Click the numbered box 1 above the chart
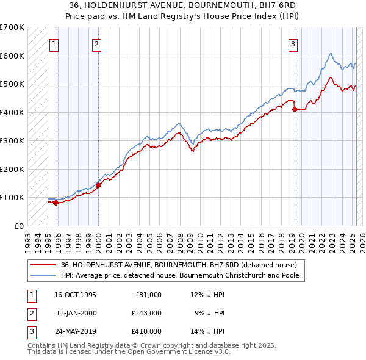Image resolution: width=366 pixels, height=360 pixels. click(x=54, y=43)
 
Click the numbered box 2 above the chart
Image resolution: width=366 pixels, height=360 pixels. click(x=97, y=43)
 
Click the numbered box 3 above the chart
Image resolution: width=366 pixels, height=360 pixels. click(x=293, y=43)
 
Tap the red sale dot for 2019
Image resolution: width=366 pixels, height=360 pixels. click(x=295, y=110)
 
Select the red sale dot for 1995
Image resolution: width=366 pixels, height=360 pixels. click(x=56, y=203)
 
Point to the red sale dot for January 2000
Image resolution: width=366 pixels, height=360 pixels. click(x=98, y=185)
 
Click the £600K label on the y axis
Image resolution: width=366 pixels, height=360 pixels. click(x=12, y=56)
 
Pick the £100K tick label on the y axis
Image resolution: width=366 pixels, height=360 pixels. click(x=12, y=197)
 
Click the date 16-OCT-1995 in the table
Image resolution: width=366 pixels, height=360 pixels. click(x=75, y=295)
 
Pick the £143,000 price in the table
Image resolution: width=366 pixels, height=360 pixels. click(x=146, y=313)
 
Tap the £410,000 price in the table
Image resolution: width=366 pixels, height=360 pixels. click(x=146, y=331)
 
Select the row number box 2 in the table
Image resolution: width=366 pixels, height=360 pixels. click(x=30, y=313)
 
